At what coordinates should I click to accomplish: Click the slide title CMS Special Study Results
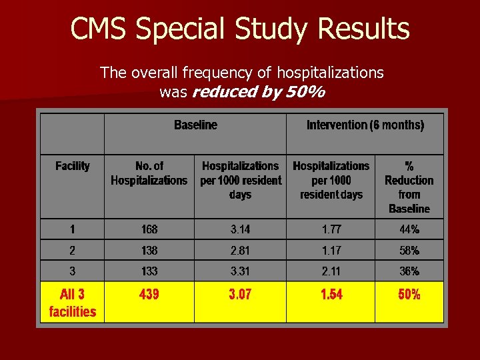(x=240, y=29)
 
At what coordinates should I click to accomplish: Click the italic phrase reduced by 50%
(x=258, y=92)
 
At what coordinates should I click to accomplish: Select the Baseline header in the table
(x=195, y=125)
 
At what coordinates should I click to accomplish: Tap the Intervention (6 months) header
(x=365, y=125)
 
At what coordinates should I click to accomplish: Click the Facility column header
(x=72, y=165)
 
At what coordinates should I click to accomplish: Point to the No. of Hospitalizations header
(x=149, y=173)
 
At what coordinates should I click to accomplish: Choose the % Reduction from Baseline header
(x=409, y=187)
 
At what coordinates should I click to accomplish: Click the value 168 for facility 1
(x=149, y=229)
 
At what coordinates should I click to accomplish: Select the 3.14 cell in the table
(x=240, y=229)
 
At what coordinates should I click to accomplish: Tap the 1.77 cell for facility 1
(x=331, y=229)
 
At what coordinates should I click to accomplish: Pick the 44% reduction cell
(x=409, y=229)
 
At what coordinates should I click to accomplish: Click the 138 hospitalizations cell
(x=149, y=251)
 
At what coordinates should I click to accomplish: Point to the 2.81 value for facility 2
(x=240, y=251)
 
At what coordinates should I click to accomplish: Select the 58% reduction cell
(x=409, y=251)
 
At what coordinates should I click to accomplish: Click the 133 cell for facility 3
(x=149, y=271)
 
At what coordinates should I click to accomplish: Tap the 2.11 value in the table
(x=331, y=271)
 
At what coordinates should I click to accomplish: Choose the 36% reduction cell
(x=409, y=271)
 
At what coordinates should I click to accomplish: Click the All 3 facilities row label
(x=72, y=302)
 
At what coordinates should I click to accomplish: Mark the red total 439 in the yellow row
(x=149, y=294)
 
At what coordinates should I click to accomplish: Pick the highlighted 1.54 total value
(x=331, y=294)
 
